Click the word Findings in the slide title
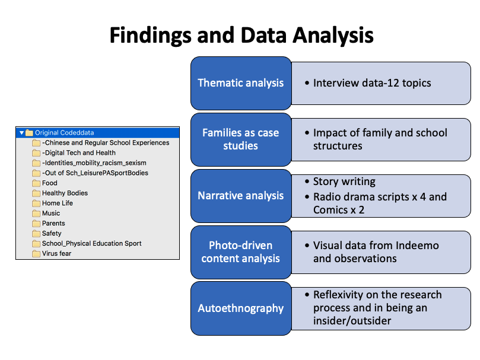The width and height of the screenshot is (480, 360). click(150, 36)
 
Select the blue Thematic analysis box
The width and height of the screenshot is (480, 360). click(241, 83)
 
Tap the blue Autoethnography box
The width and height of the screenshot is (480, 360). click(241, 308)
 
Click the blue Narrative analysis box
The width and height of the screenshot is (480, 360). click(241, 196)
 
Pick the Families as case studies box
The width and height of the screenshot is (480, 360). click(241, 139)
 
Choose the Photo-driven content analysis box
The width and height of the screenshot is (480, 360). click(241, 252)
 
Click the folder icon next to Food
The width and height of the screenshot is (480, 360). click(36, 183)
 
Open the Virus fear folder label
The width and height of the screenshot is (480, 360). click(56, 253)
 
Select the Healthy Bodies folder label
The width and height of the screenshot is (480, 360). click(65, 193)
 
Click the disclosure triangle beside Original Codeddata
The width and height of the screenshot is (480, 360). click(21, 133)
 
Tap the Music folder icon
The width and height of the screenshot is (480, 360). click(36, 214)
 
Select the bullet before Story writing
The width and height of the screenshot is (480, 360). click(307, 181)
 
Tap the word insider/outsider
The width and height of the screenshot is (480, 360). click(352, 321)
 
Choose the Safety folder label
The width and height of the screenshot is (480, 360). click(52, 234)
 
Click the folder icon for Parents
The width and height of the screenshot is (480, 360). click(36, 224)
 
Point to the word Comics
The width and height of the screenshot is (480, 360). click(330, 210)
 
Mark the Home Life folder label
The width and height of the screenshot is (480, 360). click(58, 203)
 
